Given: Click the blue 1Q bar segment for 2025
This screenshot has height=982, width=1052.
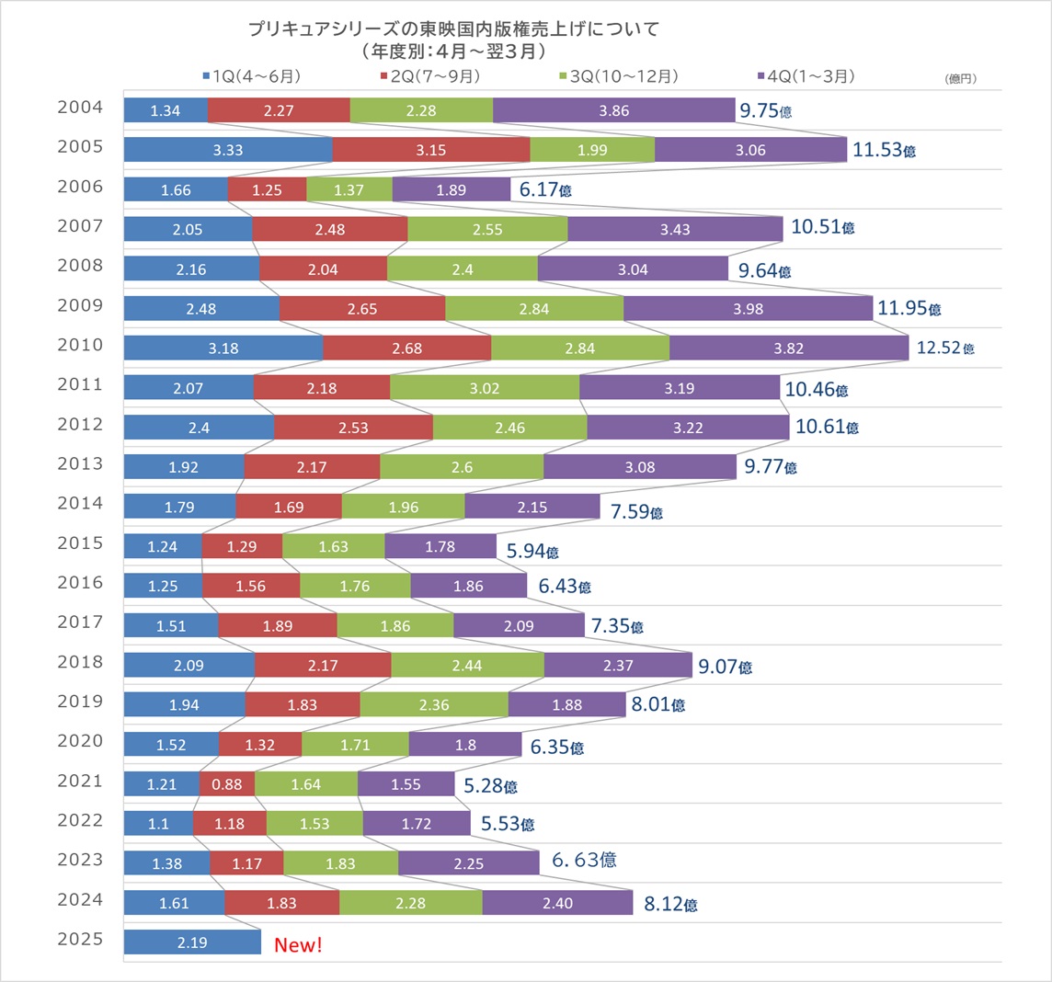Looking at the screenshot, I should [x=192, y=942].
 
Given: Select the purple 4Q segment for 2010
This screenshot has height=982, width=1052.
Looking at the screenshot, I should [x=789, y=348].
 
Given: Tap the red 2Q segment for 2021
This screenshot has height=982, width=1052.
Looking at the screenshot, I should [x=227, y=784].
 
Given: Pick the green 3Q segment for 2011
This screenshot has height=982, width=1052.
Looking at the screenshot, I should [x=485, y=388].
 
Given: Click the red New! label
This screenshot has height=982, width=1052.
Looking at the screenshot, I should [x=299, y=944].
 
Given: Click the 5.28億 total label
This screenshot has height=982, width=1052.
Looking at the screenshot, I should [x=489, y=785].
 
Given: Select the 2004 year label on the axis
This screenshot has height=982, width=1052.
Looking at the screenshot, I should [x=80, y=108].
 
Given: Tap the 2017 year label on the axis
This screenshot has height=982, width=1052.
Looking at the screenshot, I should [x=80, y=622].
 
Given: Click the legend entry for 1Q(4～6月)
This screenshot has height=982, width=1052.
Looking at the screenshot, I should [x=251, y=76].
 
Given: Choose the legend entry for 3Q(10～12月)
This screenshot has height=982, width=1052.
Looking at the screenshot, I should [x=617, y=76].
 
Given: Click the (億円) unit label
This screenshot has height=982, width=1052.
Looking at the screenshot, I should [x=960, y=79].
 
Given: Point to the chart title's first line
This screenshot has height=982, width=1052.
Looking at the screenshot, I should [x=453, y=29].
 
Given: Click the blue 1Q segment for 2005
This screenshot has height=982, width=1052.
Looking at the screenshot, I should [x=228, y=150].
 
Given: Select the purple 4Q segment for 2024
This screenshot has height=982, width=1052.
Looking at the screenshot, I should [x=557, y=903].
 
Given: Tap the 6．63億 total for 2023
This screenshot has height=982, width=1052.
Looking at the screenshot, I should [x=584, y=860].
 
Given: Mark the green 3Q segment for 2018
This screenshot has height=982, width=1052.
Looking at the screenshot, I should [x=467, y=665].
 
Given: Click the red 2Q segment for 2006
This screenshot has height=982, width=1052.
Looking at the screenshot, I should [x=267, y=190].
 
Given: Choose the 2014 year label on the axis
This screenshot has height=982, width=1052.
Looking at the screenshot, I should [x=80, y=503].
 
